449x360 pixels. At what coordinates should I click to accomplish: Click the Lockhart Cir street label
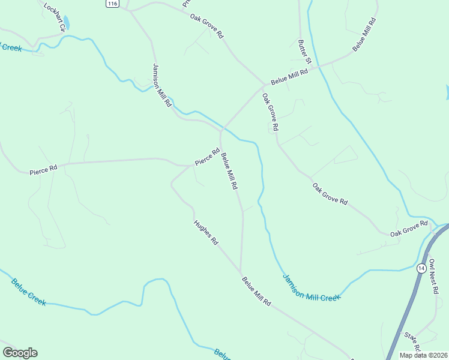pos(53,13)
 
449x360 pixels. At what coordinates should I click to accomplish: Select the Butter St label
pos(305,52)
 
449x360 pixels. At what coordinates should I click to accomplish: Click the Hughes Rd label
pos(206,233)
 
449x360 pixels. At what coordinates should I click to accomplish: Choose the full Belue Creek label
pos(28,292)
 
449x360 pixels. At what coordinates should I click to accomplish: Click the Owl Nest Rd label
pos(434,277)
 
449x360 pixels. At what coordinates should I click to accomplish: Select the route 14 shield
pos(421,268)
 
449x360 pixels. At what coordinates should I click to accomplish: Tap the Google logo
pos(20,353)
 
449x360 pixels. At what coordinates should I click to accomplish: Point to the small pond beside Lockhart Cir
pos(67,23)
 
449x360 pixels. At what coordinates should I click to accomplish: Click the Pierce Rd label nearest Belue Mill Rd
pos(207,158)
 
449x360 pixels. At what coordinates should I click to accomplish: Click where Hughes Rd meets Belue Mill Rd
pos(241,272)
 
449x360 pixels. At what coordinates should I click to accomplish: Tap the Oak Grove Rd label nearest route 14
pos(409,228)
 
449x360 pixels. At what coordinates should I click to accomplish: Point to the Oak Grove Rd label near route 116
pos(206,26)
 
